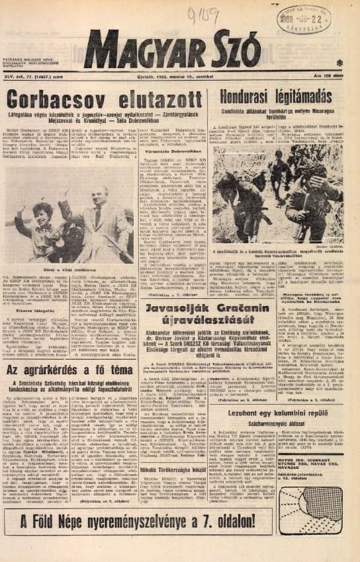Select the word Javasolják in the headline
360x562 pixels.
pyautogui.click(x=187, y=308)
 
